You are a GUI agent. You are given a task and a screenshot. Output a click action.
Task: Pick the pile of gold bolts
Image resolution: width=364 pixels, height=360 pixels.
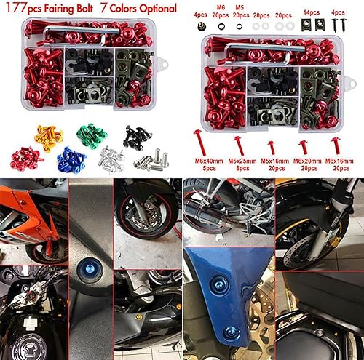[46, 135]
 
